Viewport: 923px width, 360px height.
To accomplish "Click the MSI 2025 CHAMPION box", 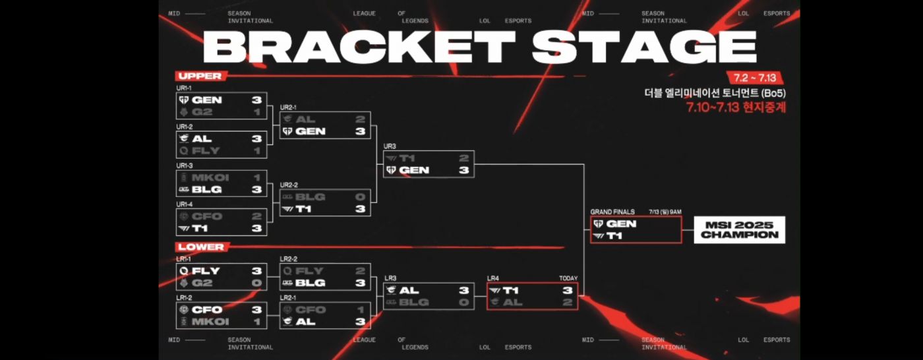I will pyautogui.click(x=739, y=229).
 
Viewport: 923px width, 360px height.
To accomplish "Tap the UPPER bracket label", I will pyautogui.click(x=199, y=76).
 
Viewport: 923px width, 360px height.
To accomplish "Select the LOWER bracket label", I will pyautogui.click(x=200, y=247).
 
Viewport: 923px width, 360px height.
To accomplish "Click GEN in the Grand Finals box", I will pyautogui.click(x=621, y=224).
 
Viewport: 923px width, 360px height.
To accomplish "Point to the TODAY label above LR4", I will pyautogui.click(x=568, y=278).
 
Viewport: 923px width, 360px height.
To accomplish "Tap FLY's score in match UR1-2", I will pyautogui.click(x=256, y=151).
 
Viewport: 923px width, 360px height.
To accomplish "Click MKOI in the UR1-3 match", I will pyautogui.click(x=206, y=177).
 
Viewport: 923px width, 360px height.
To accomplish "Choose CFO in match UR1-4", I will pyautogui.click(x=206, y=216).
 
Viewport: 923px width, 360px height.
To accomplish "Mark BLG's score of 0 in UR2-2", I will pyautogui.click(x=360, y=196).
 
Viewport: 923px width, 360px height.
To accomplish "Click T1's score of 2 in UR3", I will pyautogui.click(x=463, y=158).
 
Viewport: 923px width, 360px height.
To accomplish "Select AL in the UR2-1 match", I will pyautogui.click(x=305, y=119).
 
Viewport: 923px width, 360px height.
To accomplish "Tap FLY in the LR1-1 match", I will pyautogui.click(x=205, y=270).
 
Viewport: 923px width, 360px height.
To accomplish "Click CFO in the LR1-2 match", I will pyautogui.click(x=206, y=309).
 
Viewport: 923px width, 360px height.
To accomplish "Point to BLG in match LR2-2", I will pyautogui.click(x=310, y=283).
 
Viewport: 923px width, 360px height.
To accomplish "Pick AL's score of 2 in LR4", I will pyautogui.click(x=567, y=302).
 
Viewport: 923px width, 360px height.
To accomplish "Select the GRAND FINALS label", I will pyautogui.click(x=612, y=212).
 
